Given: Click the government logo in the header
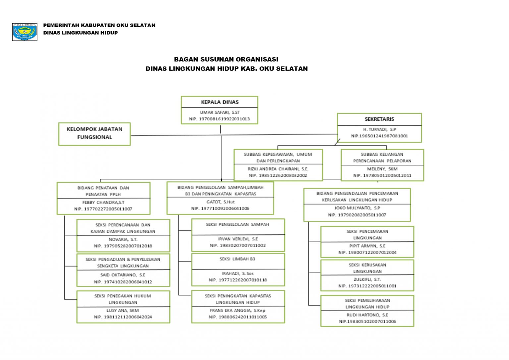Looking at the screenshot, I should coord(25,32).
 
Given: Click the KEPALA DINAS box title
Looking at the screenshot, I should coord(220,102).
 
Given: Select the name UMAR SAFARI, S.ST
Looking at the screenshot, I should coord(220,112).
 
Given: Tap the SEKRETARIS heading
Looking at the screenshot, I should coord(379,119).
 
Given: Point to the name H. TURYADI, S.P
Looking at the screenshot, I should coord(379,129).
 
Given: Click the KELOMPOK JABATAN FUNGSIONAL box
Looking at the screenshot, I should coord(94,133).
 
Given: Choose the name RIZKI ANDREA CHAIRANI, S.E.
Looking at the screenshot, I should coord(278,169).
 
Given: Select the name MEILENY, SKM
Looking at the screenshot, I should coord(382,169).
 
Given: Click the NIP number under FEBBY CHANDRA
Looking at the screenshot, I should coord(103,209).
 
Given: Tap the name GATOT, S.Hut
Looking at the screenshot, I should coord(220,202).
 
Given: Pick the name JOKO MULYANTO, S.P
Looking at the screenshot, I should coord(357,208).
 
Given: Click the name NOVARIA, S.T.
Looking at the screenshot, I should coord(123,239).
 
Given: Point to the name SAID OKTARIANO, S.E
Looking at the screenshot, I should coord(123,275).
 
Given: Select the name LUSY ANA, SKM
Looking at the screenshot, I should coord(123,310).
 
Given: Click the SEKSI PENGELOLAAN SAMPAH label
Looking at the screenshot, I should coord(237,224).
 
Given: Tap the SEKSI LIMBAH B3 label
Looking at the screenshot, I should coord(237,259).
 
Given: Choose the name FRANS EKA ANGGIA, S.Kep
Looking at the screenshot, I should coord(237,310).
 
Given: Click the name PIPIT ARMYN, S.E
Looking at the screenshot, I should coord(367,246).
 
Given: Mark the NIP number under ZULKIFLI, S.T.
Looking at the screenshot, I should coord(367,286).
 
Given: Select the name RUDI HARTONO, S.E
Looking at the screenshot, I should coord(367,315).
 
